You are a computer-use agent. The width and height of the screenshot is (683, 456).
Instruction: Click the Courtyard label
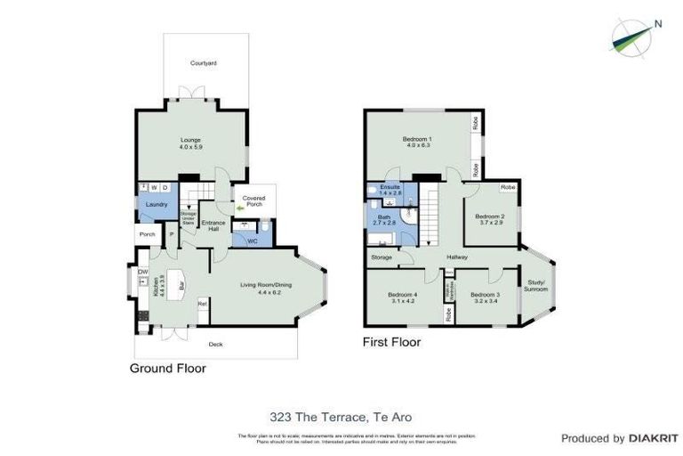coord(204,63)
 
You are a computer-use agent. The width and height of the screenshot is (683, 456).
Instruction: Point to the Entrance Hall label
coord(211,226)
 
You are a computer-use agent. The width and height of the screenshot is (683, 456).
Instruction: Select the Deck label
coord(214,344)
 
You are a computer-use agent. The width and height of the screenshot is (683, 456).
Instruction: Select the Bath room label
coord(383,217)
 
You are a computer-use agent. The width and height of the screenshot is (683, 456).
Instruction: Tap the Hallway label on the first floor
coord(457,257)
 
